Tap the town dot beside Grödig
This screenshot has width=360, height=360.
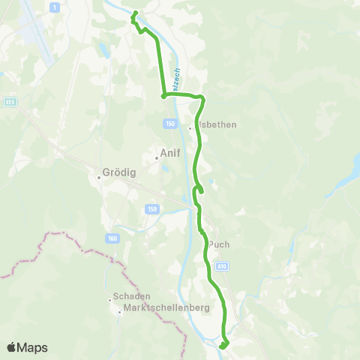pyautogui.click(x=99, y=178)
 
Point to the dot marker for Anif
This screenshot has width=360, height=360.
pyautogui.click(x=156, y=157)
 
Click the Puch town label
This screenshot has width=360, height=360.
pyautogui.click(x=218, y=244)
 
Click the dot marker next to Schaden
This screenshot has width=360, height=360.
pyautogui.click(x=110, y=301)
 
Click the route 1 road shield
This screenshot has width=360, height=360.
pyautogui.click(x=55, y=7)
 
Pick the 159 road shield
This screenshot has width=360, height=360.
pyautogui.click(x=152, y=209)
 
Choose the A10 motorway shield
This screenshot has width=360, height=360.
pyautogui.click(x=222, y=265)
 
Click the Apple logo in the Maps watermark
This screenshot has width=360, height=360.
pyautogui.click(x=13, y=347)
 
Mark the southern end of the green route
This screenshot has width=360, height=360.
pyautogui.click(x=223, y=346)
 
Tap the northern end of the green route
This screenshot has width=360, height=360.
pyautogui.click(x=134, y=13)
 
